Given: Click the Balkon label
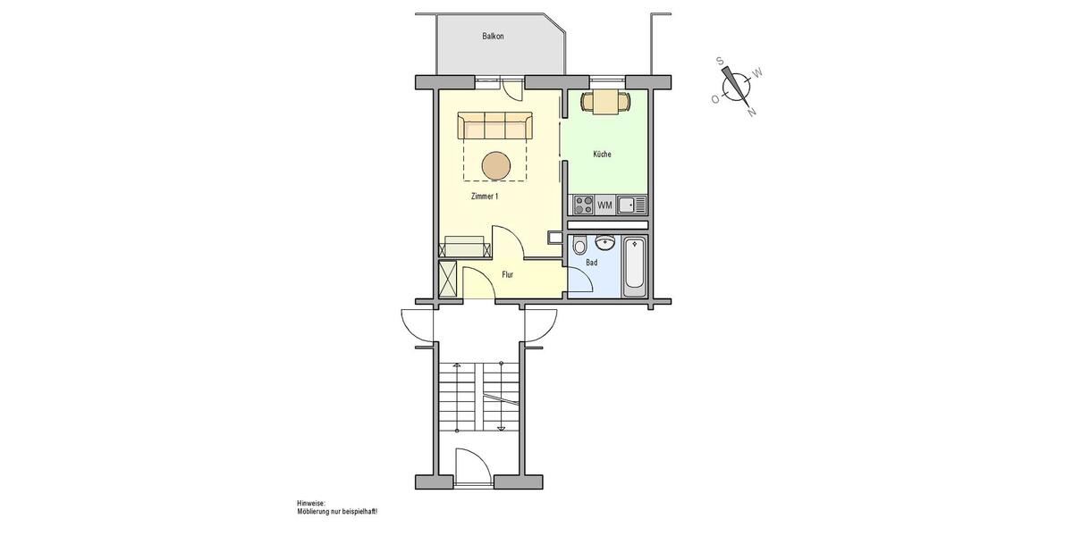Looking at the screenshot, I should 493,37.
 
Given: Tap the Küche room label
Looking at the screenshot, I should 603,155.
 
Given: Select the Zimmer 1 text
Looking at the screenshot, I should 484,197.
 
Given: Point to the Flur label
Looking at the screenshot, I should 507,275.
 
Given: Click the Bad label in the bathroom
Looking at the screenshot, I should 591,264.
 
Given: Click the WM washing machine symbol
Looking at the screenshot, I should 605,205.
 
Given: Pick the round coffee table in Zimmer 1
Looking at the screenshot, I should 496,165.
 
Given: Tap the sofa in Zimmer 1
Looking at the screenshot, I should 495,126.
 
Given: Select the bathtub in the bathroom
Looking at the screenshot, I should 634,265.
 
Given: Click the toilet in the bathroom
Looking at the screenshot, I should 580,246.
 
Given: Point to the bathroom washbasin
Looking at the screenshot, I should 605,241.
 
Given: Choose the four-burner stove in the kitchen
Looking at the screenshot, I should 584,205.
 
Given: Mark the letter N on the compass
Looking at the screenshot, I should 752,113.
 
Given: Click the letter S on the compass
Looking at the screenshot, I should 720,61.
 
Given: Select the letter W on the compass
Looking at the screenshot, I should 757,72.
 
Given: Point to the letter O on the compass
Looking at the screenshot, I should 714,100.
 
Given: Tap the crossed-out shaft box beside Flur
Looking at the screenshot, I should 448,279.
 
